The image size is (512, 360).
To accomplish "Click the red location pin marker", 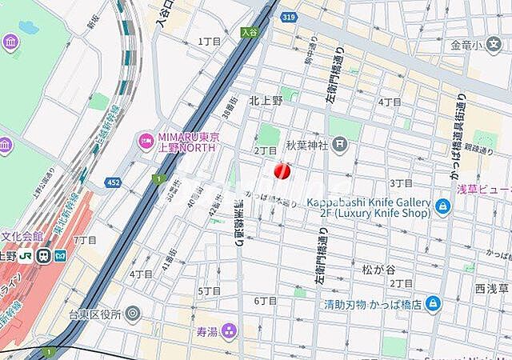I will tap(282, 170).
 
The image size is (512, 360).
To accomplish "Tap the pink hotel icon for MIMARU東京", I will tap(146, 141).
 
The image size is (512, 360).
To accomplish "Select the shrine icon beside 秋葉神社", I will tap(341, 145).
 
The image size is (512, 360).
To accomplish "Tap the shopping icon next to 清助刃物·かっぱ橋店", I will tap(432, 303).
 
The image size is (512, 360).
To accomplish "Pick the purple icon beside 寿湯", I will tap(230, 329).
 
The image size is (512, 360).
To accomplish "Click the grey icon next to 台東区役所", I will tap(133, 313).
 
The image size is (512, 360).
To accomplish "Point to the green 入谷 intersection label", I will tap(250, 32).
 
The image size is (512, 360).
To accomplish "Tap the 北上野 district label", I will tap(266, 100).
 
